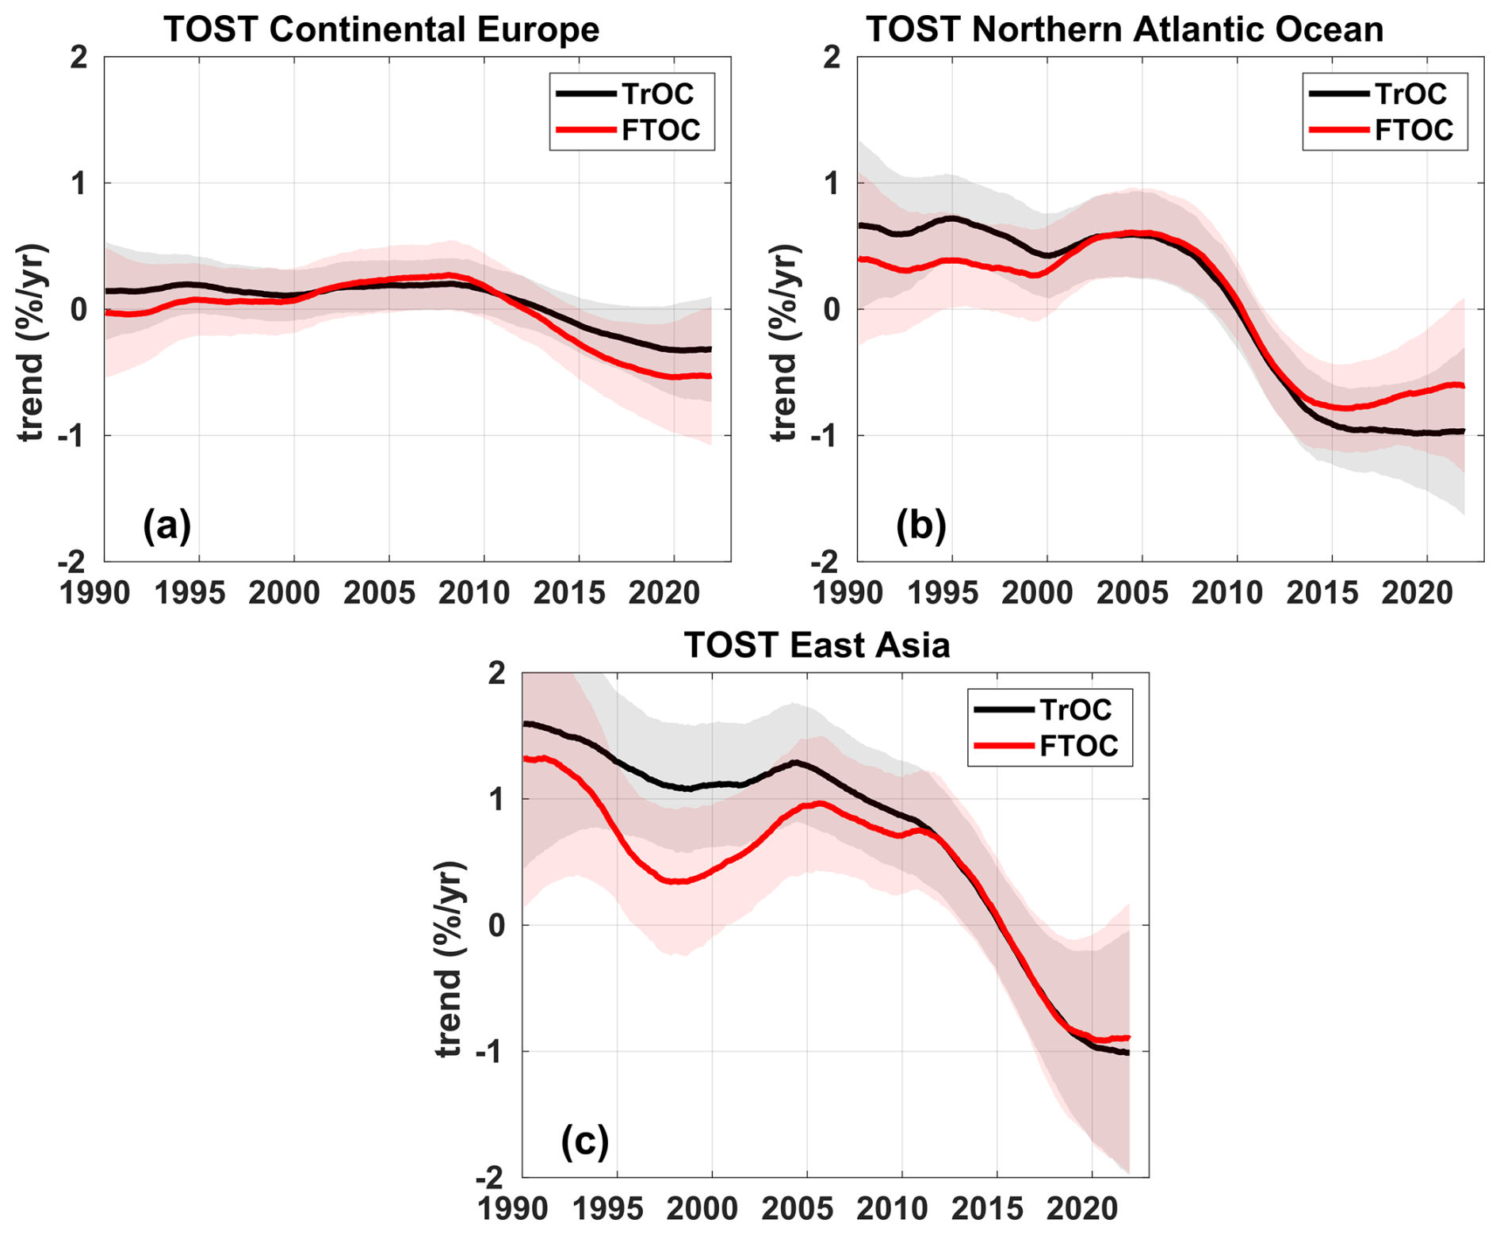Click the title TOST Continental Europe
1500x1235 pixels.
point(381,30)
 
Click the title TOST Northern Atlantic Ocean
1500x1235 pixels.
point(1124,30)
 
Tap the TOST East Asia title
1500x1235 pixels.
point(817,645)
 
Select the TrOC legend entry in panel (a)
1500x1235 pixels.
point(657,94)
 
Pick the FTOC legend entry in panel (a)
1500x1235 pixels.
point(660,129)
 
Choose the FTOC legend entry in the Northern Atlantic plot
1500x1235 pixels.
point(1414,129)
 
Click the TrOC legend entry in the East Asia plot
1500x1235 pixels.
point(1075,709)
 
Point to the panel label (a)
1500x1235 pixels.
point(166,525)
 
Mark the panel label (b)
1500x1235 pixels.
point(920,525)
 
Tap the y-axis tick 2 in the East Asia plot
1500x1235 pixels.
point(497,674)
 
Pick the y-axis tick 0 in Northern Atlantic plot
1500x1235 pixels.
point(832,310)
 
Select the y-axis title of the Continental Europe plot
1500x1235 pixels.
point(32,342)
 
